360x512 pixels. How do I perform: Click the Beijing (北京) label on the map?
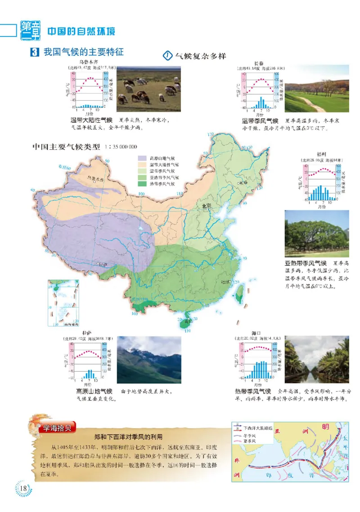(x=207, y=206)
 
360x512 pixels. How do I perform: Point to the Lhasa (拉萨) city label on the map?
(x=104, y=265)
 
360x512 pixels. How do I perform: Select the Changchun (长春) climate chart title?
(x=259, y=63)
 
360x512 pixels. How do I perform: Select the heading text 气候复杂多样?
(x=200, y=56)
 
